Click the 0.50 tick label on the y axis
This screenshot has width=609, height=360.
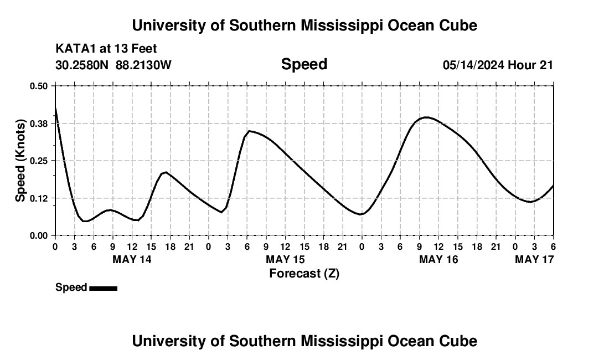tap(39, 86)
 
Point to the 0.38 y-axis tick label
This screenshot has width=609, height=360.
tap(39, 123)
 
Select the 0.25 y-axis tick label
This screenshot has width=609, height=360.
tap(39, 161)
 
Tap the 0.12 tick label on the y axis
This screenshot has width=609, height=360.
tap(39, 198)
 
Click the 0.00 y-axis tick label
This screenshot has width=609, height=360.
tap(39, 235)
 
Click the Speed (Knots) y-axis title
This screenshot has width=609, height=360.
tap(20, 161)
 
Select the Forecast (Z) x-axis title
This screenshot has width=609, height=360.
tap(304, 273)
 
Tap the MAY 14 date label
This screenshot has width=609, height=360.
tap(132, 259)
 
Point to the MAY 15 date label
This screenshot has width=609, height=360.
tap(285, 259)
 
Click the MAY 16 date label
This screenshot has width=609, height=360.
tap(438, 259)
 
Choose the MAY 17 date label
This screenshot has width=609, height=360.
tap(534, 259)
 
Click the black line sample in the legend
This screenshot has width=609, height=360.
tap(103, 288)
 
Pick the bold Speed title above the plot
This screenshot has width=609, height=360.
tap(304, 64)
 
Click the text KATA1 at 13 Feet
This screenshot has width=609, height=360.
tap(106, 49)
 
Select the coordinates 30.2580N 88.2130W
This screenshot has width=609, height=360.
tap(113, 65)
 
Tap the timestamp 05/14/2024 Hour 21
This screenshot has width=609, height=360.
tap(498, 65)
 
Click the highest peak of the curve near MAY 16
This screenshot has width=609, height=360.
tap(425, 117)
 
